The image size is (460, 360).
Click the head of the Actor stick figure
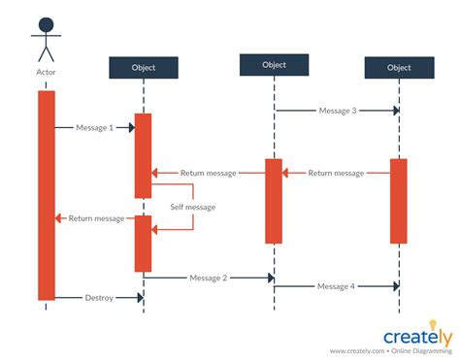46,24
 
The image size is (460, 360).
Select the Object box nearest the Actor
144,67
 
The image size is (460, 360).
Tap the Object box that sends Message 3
275,64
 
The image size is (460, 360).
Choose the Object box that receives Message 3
399,67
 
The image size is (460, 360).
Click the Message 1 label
95,127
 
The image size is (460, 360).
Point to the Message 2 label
209,278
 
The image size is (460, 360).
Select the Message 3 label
338,111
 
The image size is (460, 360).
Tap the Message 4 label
337,286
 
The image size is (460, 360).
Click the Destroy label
99,297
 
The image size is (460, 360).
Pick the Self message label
192,207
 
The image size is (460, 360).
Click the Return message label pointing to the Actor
96,218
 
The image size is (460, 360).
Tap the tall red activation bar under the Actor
47,194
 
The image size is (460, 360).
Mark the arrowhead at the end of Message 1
130,127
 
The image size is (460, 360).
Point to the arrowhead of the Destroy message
139,297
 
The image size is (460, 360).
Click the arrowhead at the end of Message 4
395,286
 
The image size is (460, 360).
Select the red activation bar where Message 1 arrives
144,155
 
